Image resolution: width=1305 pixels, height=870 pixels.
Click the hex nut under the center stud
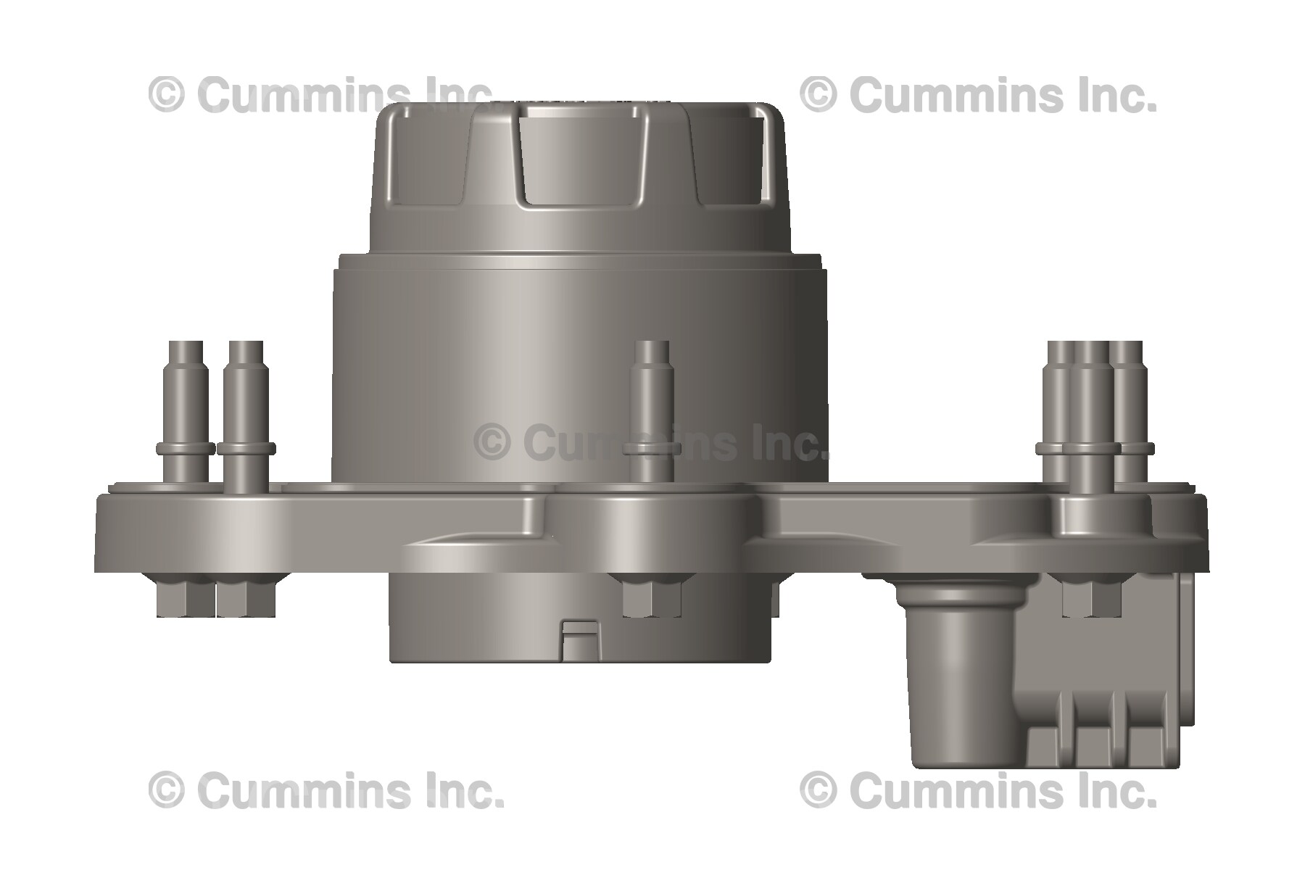652,597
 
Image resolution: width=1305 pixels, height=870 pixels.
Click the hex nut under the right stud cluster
1091,599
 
